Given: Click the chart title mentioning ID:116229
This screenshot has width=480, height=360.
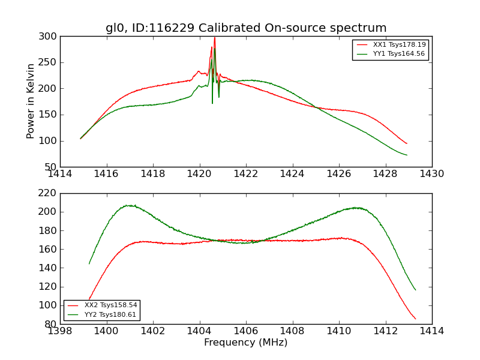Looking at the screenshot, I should [246, 28].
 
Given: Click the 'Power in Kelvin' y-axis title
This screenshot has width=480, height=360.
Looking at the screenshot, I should [31, 101].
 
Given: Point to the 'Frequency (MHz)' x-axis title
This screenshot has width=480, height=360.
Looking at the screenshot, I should [246, 343].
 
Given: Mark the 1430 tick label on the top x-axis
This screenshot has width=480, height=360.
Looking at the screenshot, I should [432, 174].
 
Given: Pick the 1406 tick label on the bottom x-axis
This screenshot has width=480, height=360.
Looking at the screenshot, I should [246, 331].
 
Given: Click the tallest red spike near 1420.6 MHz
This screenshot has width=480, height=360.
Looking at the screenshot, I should [214, 38].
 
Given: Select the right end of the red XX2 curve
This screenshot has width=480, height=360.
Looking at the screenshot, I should [415, 319].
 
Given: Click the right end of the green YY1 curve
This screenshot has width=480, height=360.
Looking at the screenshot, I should [407, 155].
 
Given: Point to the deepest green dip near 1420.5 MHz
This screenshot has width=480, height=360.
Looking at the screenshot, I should [212, 103].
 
